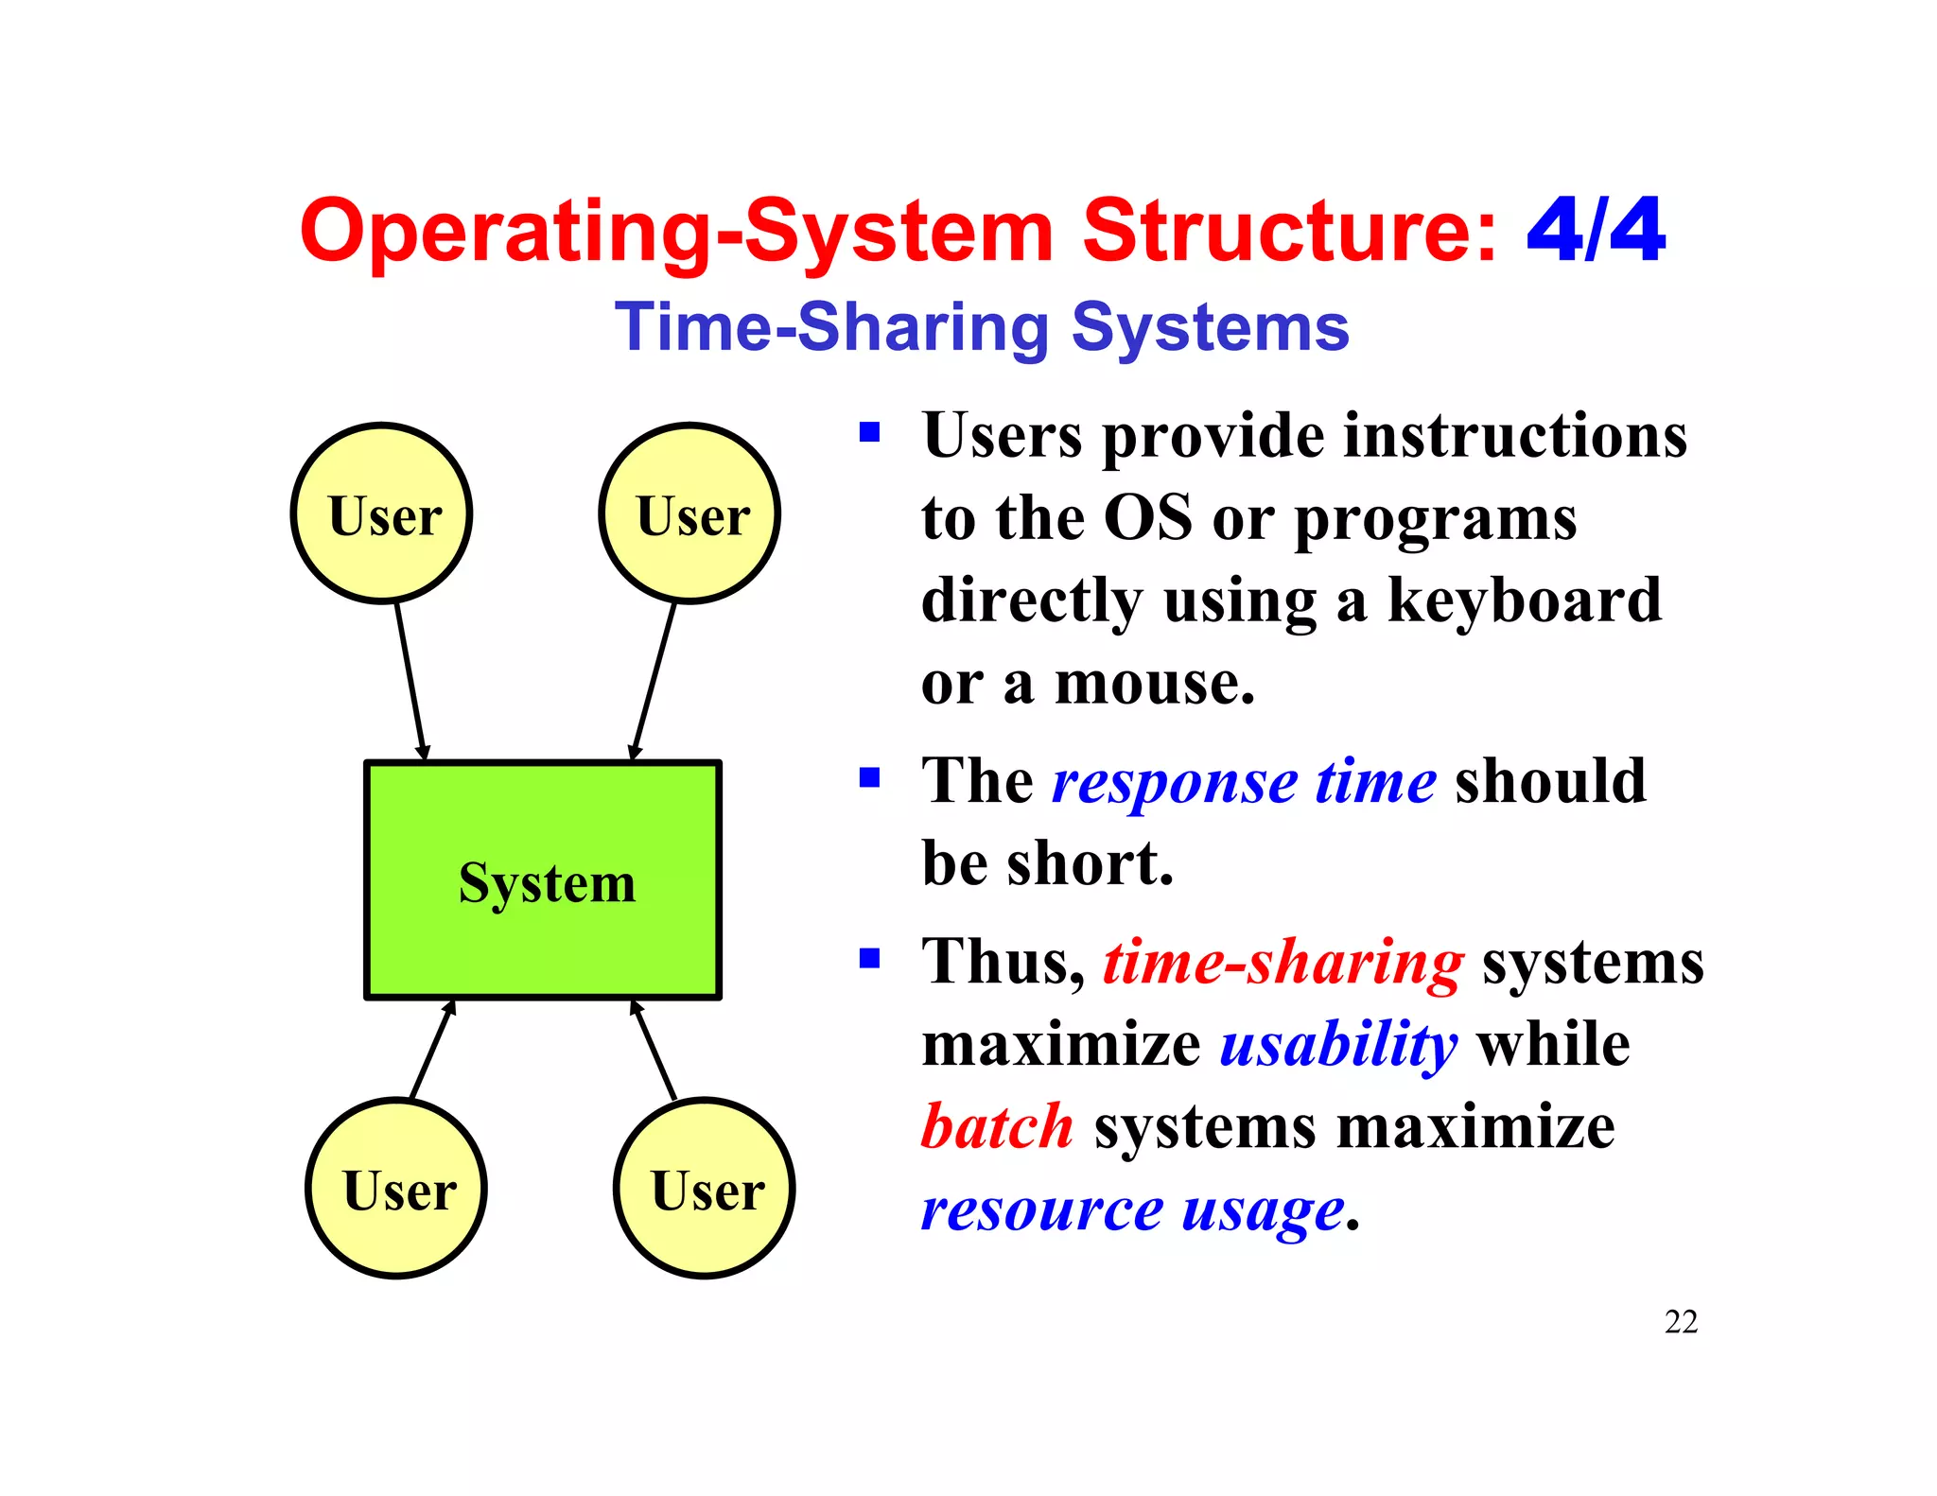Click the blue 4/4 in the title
tap(1596, 231)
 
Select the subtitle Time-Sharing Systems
tap(982, 328)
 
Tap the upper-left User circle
tap(382, 513)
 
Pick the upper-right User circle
tap(690, 513)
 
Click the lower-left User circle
tap(397, 1189)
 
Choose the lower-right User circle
tap(705, 1189)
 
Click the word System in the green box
tap(547, 883)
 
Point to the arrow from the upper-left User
tap(410, 681)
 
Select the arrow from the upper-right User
tap(654, 681)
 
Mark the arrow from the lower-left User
tap(432, 1050)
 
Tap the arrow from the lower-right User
tap(654, 1050)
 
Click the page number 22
tap(1681, 1322)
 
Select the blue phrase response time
tap(1244, 783)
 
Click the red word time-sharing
tap(1283, 964)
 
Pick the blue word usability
tap(1338, 1046)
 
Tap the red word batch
tap(998, 1127)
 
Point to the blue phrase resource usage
tap(1132, 1210)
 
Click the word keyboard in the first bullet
tap(1525, 601)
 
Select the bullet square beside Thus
tap(869, 959)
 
